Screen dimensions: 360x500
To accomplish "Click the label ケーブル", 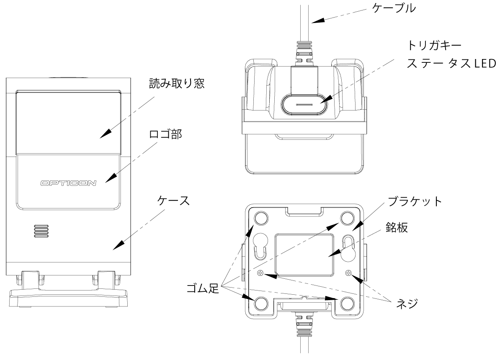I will pos(395,9).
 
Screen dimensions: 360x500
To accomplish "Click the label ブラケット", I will pos(413,201).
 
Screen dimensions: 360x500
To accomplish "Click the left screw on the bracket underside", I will pos(260,273).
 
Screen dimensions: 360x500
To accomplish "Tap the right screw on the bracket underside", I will pos(348,273).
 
